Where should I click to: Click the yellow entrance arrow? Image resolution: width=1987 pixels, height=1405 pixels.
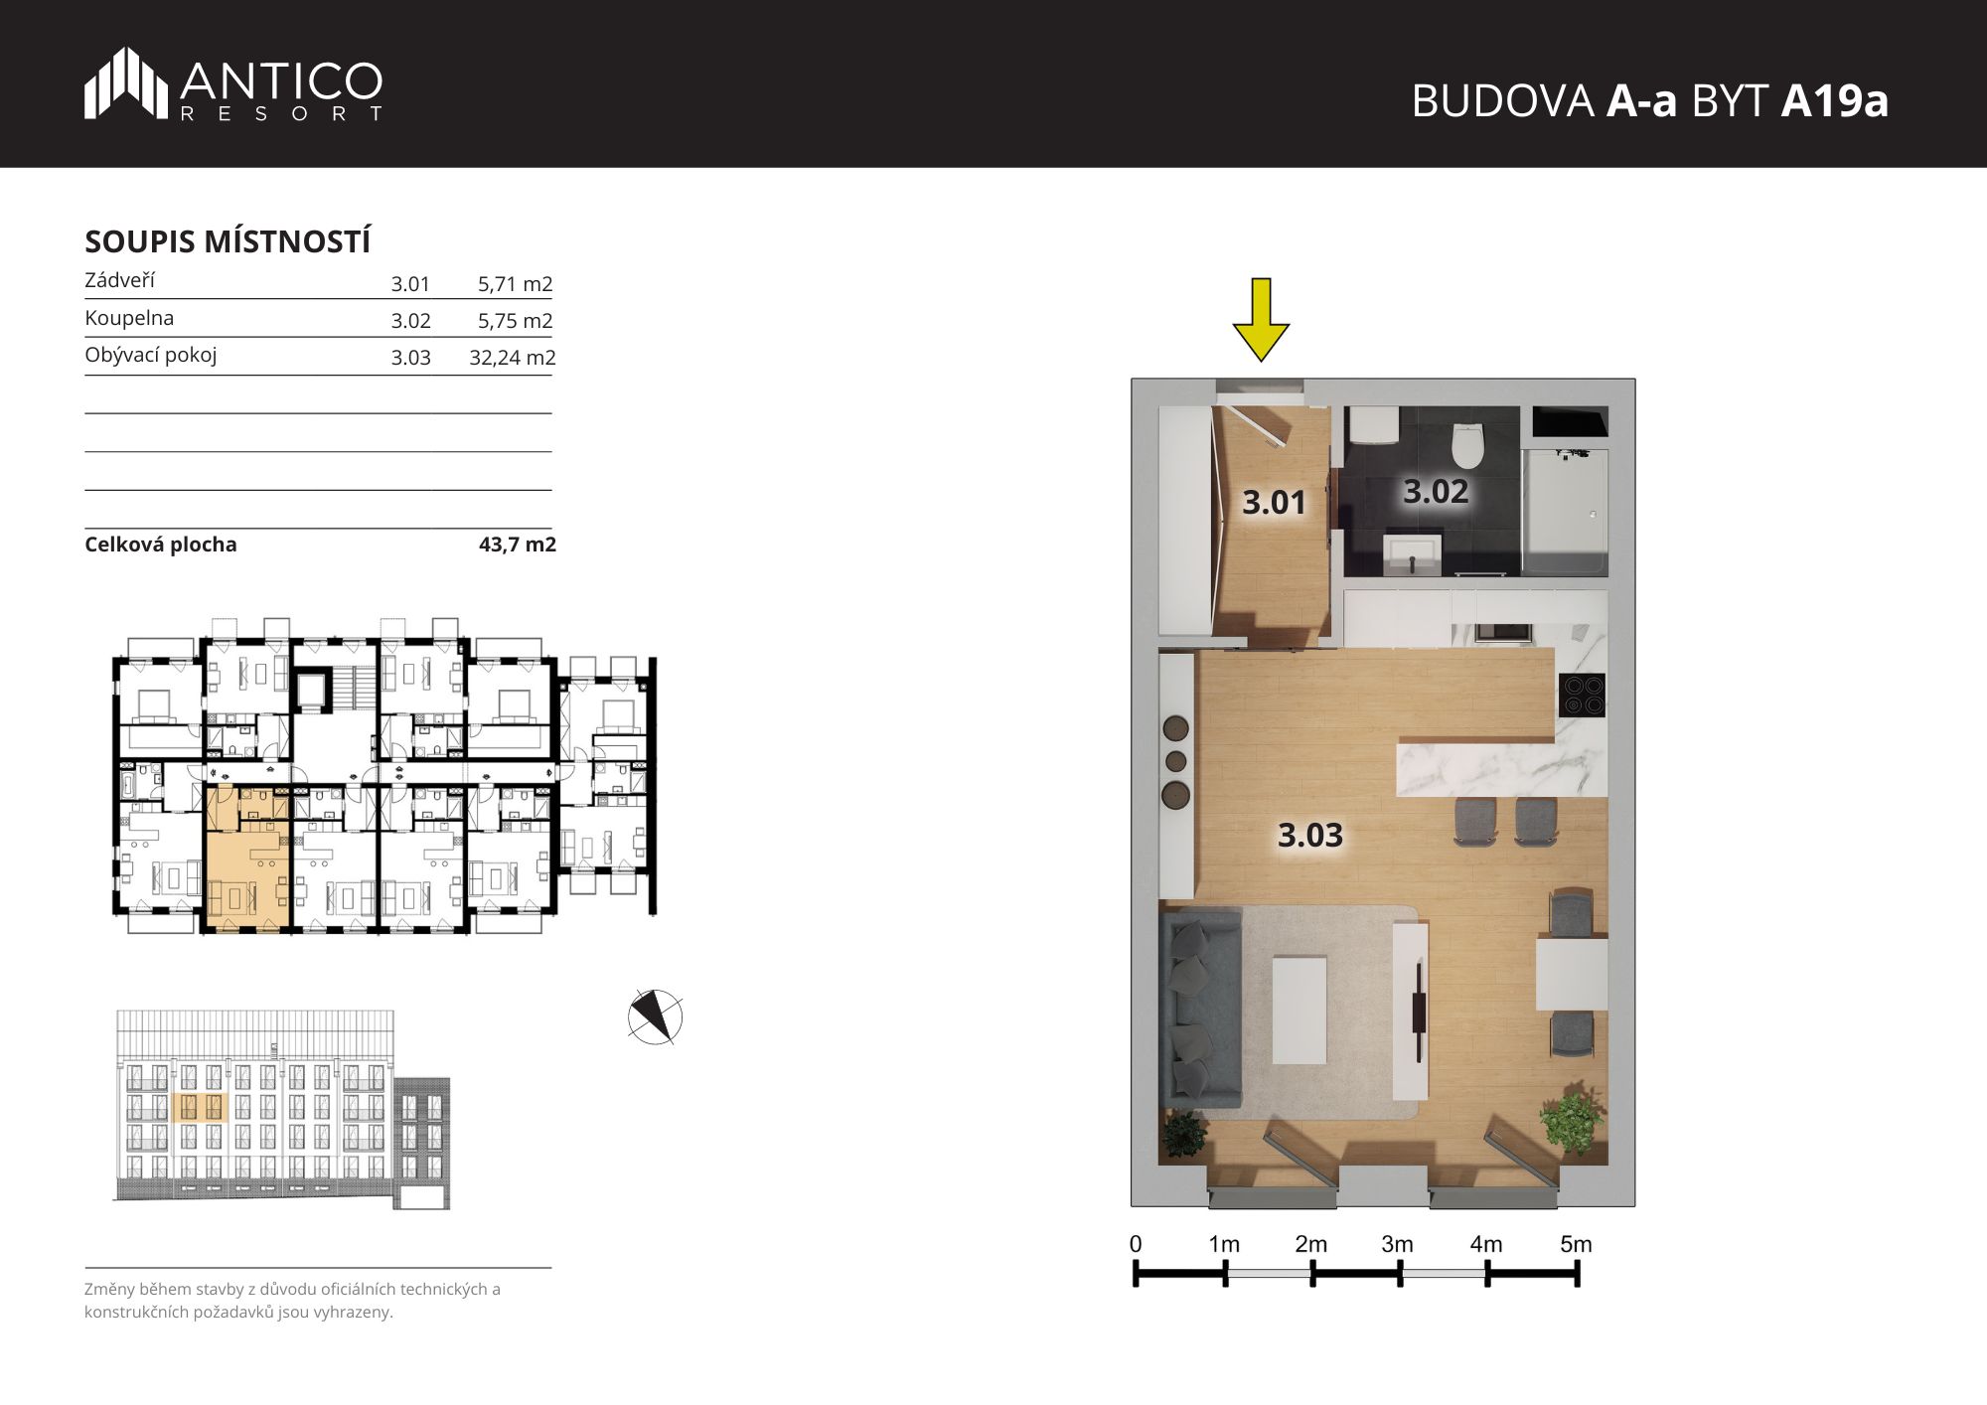tap(1261, 320)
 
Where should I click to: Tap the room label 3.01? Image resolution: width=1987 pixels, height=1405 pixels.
tap(1274, 503)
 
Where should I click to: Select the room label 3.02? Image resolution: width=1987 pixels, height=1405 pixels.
tap(1436, 491)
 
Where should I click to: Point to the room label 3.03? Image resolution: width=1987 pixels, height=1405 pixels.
tap(1310, 836)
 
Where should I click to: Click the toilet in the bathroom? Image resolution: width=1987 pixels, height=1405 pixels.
tap(1467, 445)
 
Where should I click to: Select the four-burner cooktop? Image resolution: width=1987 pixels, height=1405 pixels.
tap(1583, 696)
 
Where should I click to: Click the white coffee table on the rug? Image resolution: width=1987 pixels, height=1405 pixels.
tap(1299, 1010)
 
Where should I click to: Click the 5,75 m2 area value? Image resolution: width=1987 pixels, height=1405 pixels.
tap(515, 321)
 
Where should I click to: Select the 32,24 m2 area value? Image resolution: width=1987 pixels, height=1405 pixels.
tap(512, 358)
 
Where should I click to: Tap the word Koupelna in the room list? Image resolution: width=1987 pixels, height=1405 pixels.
tap(129, 318)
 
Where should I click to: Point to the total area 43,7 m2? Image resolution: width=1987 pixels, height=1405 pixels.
tap(517, 545)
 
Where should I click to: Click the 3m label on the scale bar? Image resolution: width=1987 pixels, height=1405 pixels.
tap(1397, 1244)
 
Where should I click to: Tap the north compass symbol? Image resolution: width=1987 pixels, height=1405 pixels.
tap(655, 1016)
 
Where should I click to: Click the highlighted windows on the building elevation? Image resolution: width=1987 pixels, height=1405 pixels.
tap(201, 1107)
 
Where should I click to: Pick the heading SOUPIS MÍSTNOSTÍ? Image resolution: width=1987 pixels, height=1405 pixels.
tap(228, 241)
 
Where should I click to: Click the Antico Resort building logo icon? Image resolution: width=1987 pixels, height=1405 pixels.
tap(126, 82)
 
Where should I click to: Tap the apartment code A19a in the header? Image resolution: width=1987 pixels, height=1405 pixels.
tap(1834, 100)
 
